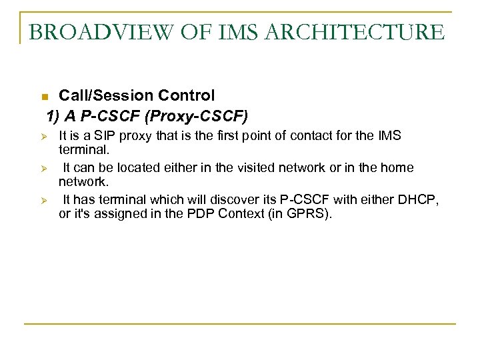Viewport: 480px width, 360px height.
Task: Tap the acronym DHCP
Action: pos(419,200)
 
